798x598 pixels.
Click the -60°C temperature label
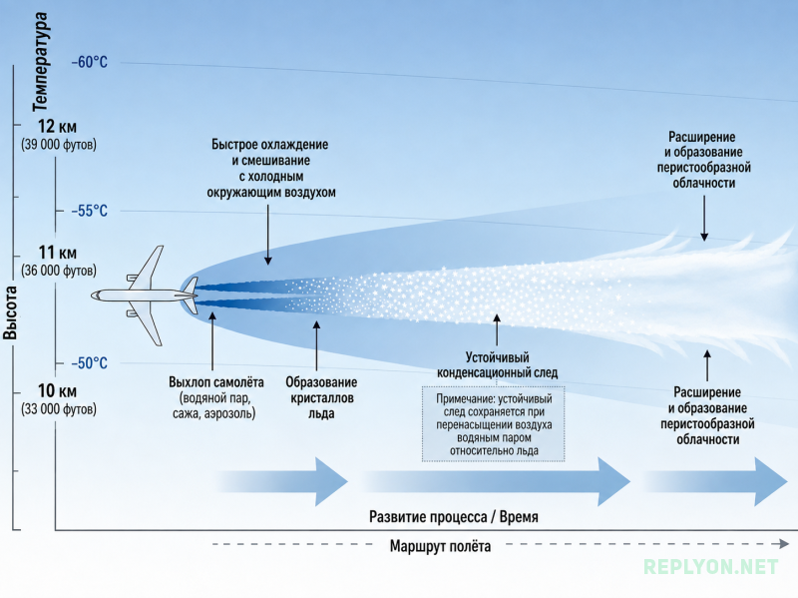pos(90,62)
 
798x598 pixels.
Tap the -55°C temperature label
pos(90,211)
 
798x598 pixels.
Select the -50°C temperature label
pos(90,363)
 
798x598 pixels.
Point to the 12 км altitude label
pos(57,127)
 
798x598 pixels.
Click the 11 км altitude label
pos(57,253)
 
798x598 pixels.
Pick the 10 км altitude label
pos(57,391)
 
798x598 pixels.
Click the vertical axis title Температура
pos(40,61)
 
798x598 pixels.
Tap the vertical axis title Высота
pos(10,312)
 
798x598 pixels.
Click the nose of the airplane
pos(93,296)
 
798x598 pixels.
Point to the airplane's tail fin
pos(190,287)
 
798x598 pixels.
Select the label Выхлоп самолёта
pos(215,382)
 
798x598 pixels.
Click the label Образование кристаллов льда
pos(321,397)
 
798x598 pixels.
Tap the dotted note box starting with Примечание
pos(493,424)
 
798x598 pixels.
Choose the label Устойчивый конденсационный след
pos(497,365)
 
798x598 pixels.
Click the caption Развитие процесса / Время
pos(454,517)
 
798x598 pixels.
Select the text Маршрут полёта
pos(440,546)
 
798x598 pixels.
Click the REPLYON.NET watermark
pos(711,566)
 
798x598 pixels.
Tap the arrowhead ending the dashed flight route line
pos(784,544)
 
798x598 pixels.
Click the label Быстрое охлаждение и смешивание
pos(270,153)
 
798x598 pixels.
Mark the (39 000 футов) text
pos(59,145)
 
